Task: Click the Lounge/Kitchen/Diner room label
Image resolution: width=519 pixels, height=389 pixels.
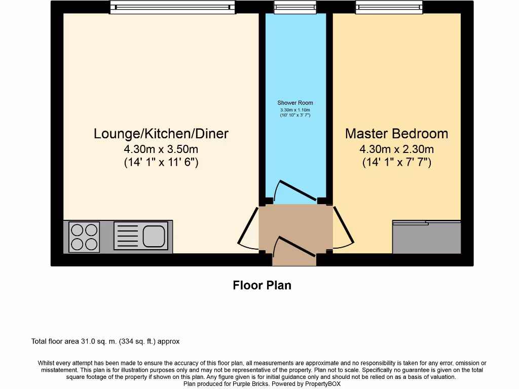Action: coord(161,134)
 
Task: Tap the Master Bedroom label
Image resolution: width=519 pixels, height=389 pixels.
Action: coord(396,134)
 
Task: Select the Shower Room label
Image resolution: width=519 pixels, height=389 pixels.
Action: coord(295,103)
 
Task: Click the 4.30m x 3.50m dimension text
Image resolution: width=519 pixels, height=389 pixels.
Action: coord(161,149)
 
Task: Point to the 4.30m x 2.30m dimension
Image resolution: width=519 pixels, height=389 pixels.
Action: coord(396,149)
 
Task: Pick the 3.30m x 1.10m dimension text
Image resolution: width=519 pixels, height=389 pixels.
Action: coord(295,110)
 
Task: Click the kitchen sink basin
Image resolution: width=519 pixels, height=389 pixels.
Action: coord(153,236)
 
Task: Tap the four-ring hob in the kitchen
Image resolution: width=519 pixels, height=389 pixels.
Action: coord(84,237)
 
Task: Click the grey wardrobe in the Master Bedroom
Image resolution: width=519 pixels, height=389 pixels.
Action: coord(426,238)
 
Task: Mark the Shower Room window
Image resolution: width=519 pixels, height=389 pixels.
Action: coord(295,7)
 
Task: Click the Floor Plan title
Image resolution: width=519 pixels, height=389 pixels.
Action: coord(262,285)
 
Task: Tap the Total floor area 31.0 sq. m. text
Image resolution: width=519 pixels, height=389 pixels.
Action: coord(105,341)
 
